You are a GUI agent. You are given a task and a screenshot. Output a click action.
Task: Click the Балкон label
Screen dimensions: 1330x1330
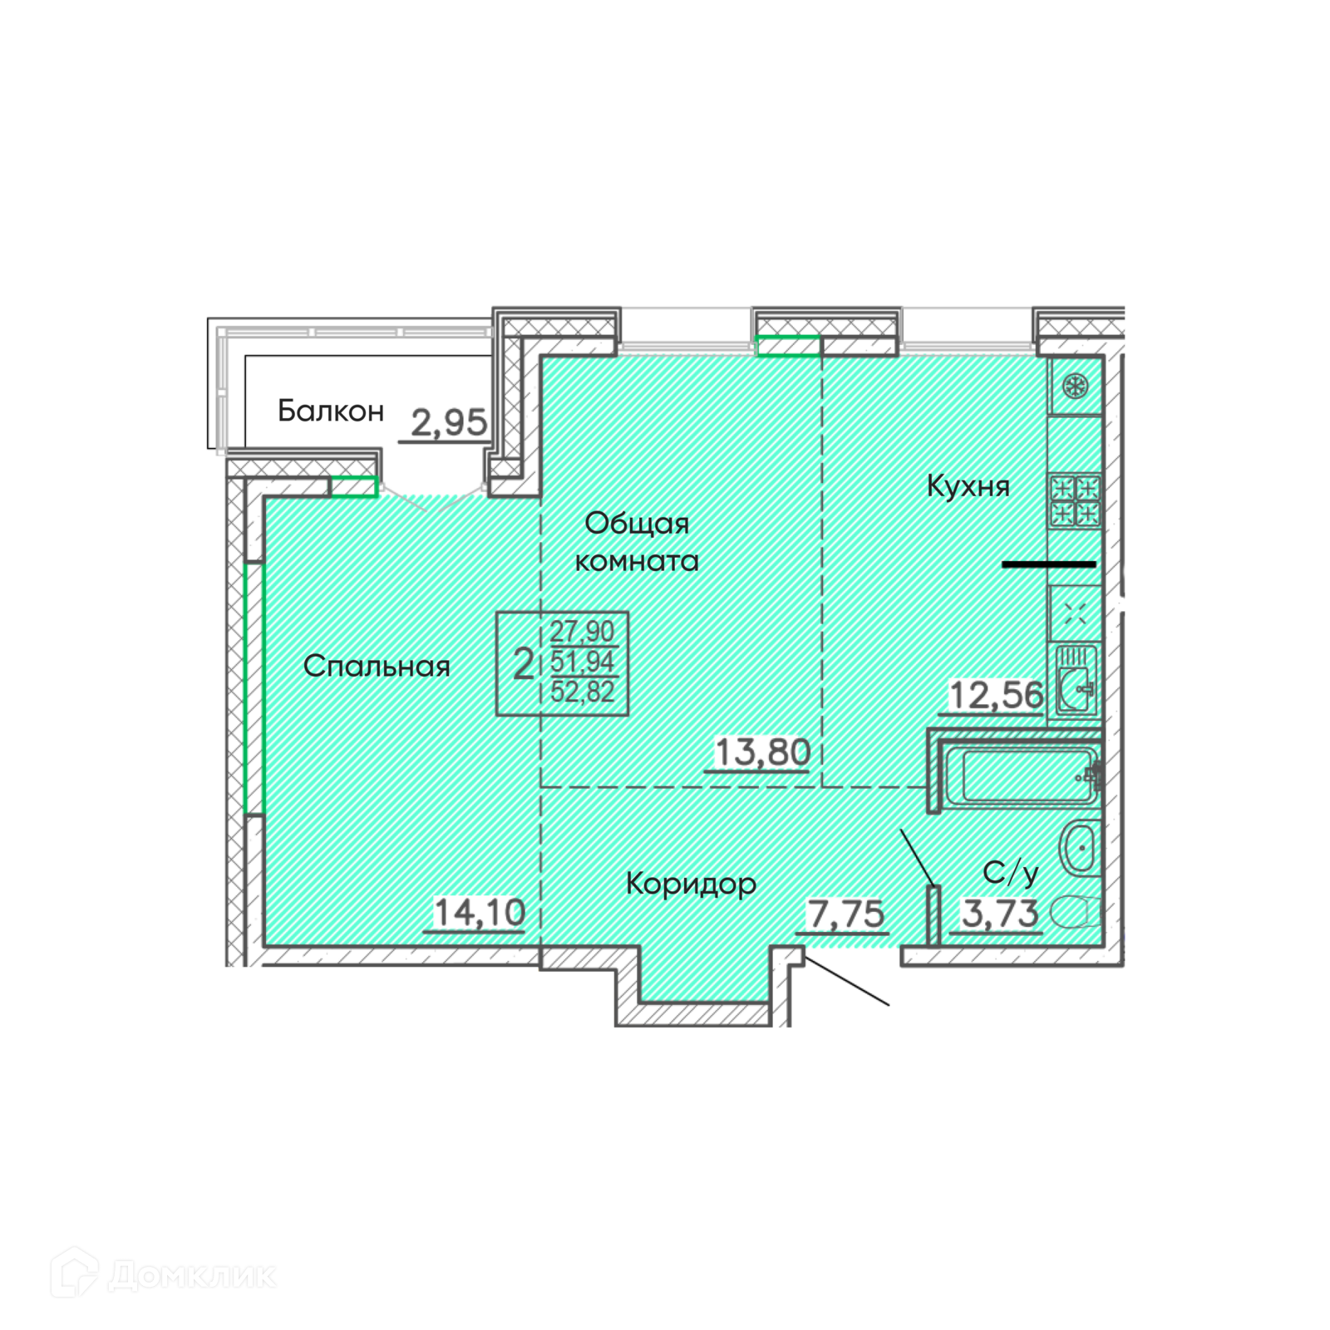tap(331, 411)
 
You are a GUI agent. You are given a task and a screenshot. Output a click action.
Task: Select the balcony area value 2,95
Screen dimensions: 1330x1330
tap(449, 423)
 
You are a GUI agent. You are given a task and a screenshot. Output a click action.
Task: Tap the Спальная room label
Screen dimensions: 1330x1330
tap(377, 666)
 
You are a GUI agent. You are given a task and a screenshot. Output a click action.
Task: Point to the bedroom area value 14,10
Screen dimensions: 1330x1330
tap(480, 913)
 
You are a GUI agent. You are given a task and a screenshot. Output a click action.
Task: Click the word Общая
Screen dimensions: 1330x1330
tap(637, 523)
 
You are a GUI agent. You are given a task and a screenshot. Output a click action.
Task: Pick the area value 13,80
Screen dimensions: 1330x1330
tap(762, 752)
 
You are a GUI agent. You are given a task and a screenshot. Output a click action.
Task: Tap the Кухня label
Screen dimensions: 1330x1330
tap(968, 485)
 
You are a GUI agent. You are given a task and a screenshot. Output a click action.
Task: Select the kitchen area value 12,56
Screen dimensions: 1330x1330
tap(996, 695)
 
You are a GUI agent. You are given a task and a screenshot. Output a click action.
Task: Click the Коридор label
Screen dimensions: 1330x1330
tap(691, 884)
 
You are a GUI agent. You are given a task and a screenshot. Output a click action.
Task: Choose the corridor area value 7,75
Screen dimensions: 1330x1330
tap(846, 914)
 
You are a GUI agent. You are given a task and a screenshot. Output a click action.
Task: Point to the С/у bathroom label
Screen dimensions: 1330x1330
tap(1010, 873)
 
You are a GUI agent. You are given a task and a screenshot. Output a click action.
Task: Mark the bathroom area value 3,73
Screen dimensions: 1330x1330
tap(1000, 914)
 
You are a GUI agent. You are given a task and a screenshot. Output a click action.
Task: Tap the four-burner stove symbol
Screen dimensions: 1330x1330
tap(1075, 500)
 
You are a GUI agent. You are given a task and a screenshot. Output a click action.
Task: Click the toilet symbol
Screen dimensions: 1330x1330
tap(1076, 912)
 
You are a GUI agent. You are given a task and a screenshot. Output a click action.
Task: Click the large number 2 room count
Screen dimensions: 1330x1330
tap(524, 664)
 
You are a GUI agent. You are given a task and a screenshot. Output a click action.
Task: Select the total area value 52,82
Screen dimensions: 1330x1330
tap(582, 692)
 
